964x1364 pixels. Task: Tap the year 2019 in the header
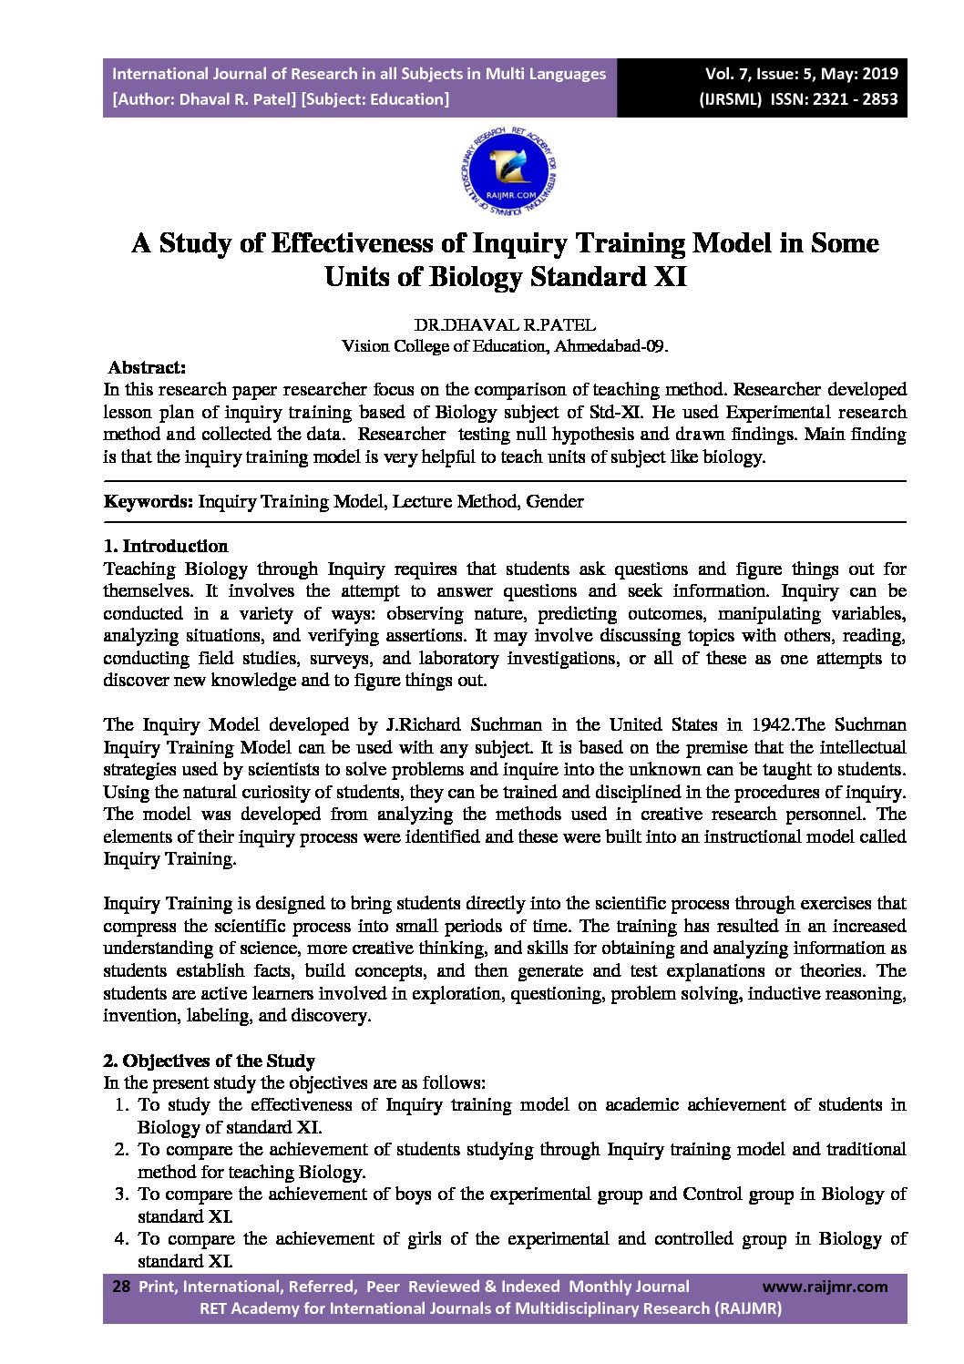tap(878, 74)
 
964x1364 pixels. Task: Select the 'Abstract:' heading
tap(147, 368)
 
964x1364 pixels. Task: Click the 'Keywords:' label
tap(149, 501)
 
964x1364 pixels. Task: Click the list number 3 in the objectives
tap(121, 1194)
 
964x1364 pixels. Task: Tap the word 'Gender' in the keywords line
tap(555, 501)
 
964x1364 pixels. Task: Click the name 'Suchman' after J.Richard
tap(508, 725)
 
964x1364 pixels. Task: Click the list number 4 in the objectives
tap(121, 1238)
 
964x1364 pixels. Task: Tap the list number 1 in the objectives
tap(121, 1105)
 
